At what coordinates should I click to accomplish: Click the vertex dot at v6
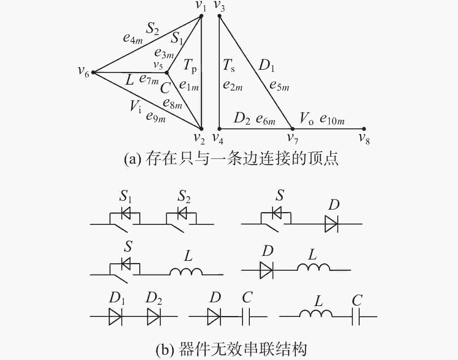pos(93,73)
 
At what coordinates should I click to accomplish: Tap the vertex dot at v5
pos(167,73)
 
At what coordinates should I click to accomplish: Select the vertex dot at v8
pos(364,129)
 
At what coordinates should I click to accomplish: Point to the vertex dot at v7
pos(293,129)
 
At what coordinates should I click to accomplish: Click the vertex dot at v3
pos(219,16)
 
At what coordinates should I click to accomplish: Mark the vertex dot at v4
pos(219,129)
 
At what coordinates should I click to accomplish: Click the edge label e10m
pos(332,119)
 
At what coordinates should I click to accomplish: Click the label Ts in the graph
pos(229,65)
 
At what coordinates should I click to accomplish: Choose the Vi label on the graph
pos(136,106)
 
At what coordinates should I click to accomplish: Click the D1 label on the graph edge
pos(267,65)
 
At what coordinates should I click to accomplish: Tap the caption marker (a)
pos(132,159)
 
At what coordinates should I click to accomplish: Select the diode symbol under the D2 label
pos(154,317)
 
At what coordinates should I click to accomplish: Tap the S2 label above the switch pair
pos(184,196)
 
